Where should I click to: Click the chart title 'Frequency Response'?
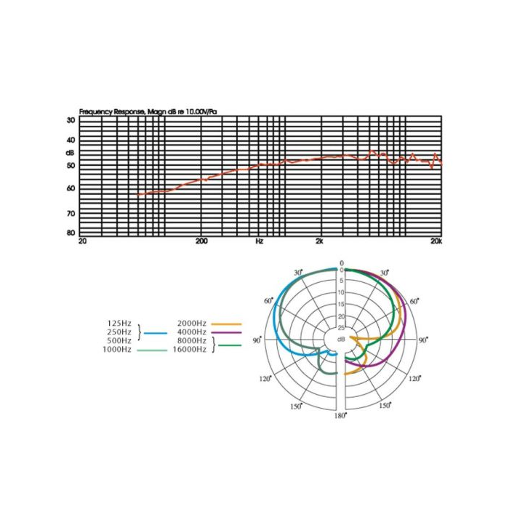click(x=112, y=112)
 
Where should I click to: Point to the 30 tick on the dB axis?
click(x=71, y=120)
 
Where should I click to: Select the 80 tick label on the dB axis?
click(x=71, y=233)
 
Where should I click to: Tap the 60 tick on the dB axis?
click(x=71, y=188)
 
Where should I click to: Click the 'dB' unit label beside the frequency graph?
click(x=70, y=153)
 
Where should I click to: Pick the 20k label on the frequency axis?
click(x=436, y=241)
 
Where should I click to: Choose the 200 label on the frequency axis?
click(x=201, y=241)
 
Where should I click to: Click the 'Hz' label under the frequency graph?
click(x=260, y=241)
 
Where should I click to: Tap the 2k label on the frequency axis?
click(x=319, y=241)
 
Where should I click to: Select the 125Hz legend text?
click(x=119, y=324)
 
